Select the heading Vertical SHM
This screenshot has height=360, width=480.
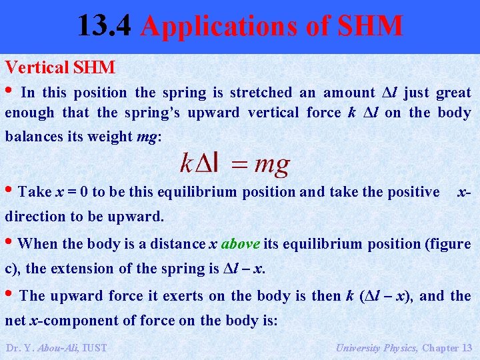pos(61,67)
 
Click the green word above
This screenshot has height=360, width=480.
pos(241,244)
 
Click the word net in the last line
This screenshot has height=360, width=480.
pos(15,320)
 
